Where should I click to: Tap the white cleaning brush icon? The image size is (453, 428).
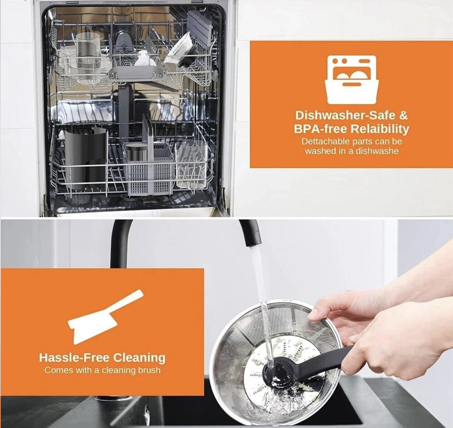(x=104, y=316)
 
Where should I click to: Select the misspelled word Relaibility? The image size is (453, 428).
(x=380, y=129)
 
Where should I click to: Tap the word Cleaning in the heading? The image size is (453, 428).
(x=139, y=358)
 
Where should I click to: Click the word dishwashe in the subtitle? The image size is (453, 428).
(x=377, y=151)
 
